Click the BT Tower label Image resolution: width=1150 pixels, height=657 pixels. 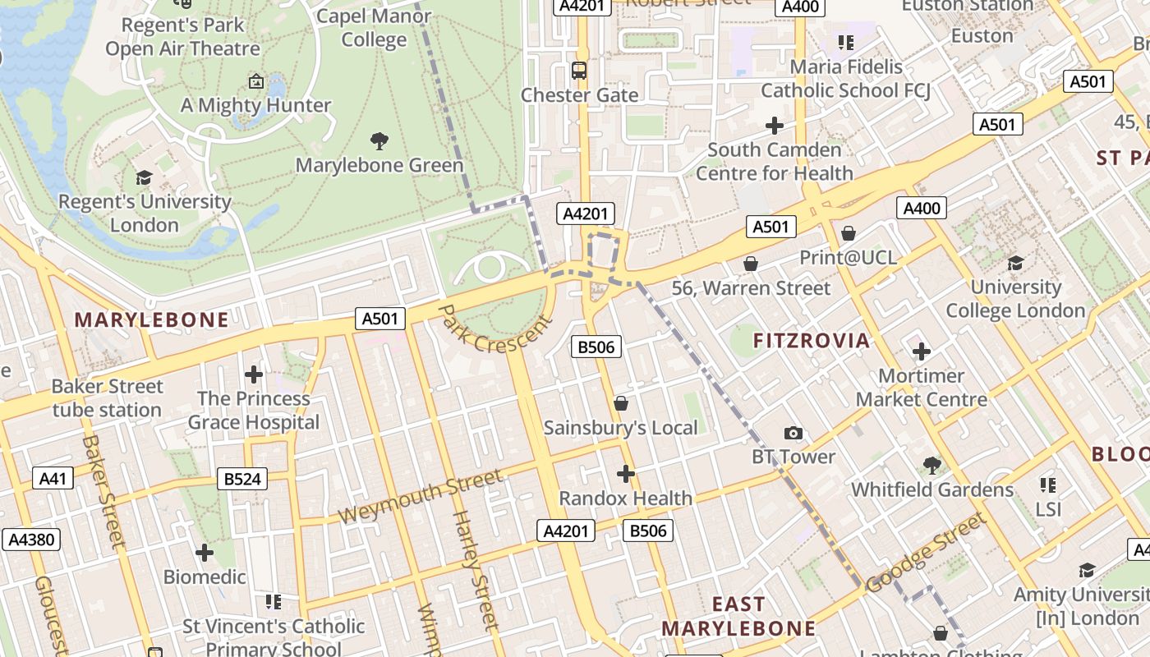point(793,457)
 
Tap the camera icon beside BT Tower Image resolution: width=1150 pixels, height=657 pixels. point(793,433)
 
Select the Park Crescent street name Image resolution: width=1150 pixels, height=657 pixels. point(495,333)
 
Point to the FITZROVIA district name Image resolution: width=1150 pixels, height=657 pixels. point(811,340)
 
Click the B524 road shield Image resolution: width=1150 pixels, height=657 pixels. point(242,479)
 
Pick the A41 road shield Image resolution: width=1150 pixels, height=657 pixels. point(53,478)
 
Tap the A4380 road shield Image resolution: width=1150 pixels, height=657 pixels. point(30,540)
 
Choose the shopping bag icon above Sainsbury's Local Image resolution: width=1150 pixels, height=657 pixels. point(621,403)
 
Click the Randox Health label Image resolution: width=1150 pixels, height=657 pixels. point(626,498)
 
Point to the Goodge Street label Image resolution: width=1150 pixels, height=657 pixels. point(925,552)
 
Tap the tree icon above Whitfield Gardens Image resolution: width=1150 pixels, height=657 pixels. point(931,466)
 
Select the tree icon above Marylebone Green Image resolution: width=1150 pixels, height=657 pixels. point(379,141)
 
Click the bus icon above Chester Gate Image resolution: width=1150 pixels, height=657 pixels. point(579,71)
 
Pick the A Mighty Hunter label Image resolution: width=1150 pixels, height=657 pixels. point(255,105)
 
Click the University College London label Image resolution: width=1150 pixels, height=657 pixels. point(1016,299)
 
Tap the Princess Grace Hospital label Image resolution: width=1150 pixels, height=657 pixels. point(254,411)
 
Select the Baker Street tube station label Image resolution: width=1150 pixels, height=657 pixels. point(107,397)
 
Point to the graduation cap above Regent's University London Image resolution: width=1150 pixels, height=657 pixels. point(144,177)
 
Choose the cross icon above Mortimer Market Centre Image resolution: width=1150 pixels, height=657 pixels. point(922,351)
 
